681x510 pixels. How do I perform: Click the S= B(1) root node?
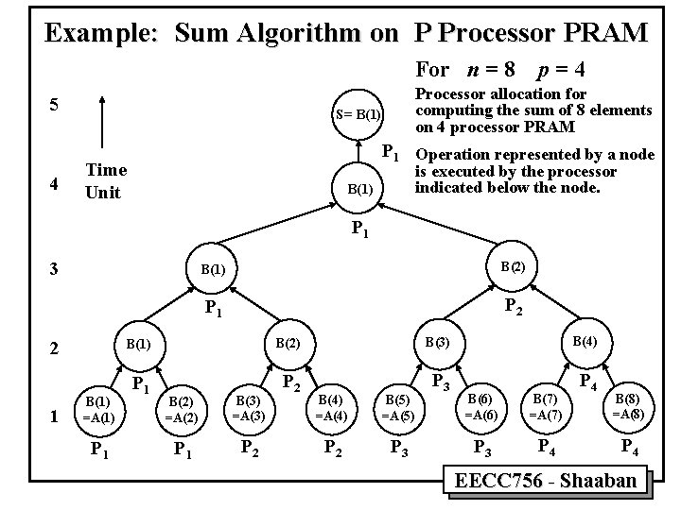(358, 115)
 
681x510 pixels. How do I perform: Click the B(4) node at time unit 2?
(576, 340)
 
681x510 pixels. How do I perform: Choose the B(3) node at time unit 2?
(438, 340)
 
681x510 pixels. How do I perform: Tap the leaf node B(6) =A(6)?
(480, 407)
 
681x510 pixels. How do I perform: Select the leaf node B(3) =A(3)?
(248, 408)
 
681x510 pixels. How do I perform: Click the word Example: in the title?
(101, 34)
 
